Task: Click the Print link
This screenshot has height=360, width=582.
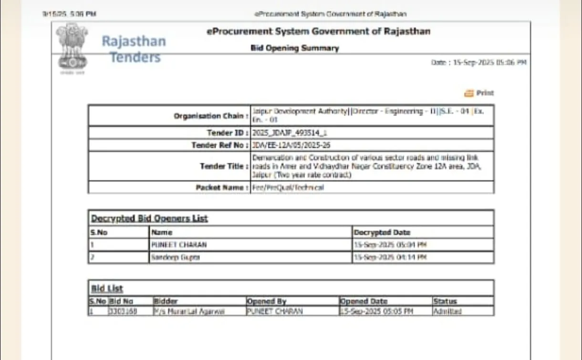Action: pos(480,93)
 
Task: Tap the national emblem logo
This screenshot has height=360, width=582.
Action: pos(72,47)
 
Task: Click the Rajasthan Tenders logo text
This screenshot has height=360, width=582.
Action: pos(133,49)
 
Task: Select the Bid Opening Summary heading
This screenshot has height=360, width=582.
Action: pos(294,48)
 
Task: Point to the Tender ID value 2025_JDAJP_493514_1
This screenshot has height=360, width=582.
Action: pos(286,133)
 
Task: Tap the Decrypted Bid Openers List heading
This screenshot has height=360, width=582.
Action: pos(149,219)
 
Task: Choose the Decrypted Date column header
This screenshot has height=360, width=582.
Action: pos(382,233)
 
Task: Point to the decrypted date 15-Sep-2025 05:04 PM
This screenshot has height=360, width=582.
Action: pos(390,245)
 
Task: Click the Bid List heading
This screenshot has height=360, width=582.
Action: pos(107,288)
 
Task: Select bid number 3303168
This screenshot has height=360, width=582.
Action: pos(123,311)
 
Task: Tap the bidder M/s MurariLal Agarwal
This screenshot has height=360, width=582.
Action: pos(189,311)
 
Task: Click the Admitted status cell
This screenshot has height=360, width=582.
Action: pos(447,311)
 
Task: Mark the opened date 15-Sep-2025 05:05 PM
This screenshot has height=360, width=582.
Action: pos(376,311)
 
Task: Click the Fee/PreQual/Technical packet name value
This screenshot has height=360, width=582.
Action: pos(288,188)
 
